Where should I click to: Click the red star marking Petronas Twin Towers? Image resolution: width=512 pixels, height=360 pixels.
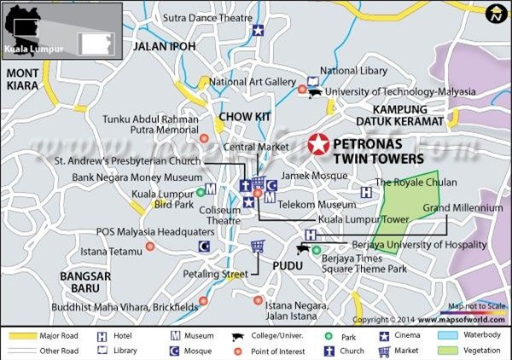(318, 145)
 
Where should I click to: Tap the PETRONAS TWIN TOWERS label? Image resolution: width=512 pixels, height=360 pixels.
(377, 152)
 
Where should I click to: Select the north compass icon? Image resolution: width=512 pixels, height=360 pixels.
(495, 14)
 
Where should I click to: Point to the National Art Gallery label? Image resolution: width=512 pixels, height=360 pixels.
(252, 82)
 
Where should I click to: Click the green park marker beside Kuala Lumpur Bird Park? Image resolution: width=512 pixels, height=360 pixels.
(200, 192)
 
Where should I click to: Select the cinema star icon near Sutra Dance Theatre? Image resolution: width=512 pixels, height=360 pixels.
(258, 31)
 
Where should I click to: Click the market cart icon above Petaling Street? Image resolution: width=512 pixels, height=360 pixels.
(257, 247)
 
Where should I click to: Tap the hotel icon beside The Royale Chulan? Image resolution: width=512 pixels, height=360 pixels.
(366, 192)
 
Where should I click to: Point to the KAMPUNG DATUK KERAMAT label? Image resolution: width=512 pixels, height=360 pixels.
(407, 116)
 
